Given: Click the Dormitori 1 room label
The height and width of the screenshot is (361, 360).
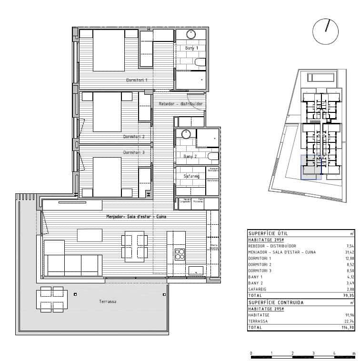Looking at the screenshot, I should (137, 80).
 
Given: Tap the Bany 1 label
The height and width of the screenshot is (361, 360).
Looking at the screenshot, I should (191, 48).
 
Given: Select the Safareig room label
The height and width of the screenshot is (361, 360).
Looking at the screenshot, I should (191, 176).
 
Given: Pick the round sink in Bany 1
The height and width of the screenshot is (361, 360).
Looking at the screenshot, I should (191, 34).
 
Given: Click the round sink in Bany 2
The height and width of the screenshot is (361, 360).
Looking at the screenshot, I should (186, 134).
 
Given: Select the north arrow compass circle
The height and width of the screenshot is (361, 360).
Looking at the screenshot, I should (325, 32).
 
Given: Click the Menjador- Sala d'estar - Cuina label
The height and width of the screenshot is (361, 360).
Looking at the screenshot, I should (136, 217).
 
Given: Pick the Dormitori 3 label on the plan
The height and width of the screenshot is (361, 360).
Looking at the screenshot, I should (134, 152).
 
